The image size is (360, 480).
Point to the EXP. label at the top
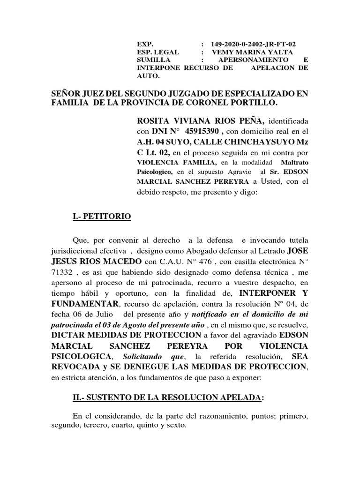pos(142,44)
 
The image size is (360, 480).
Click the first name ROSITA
pos(153,122)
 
